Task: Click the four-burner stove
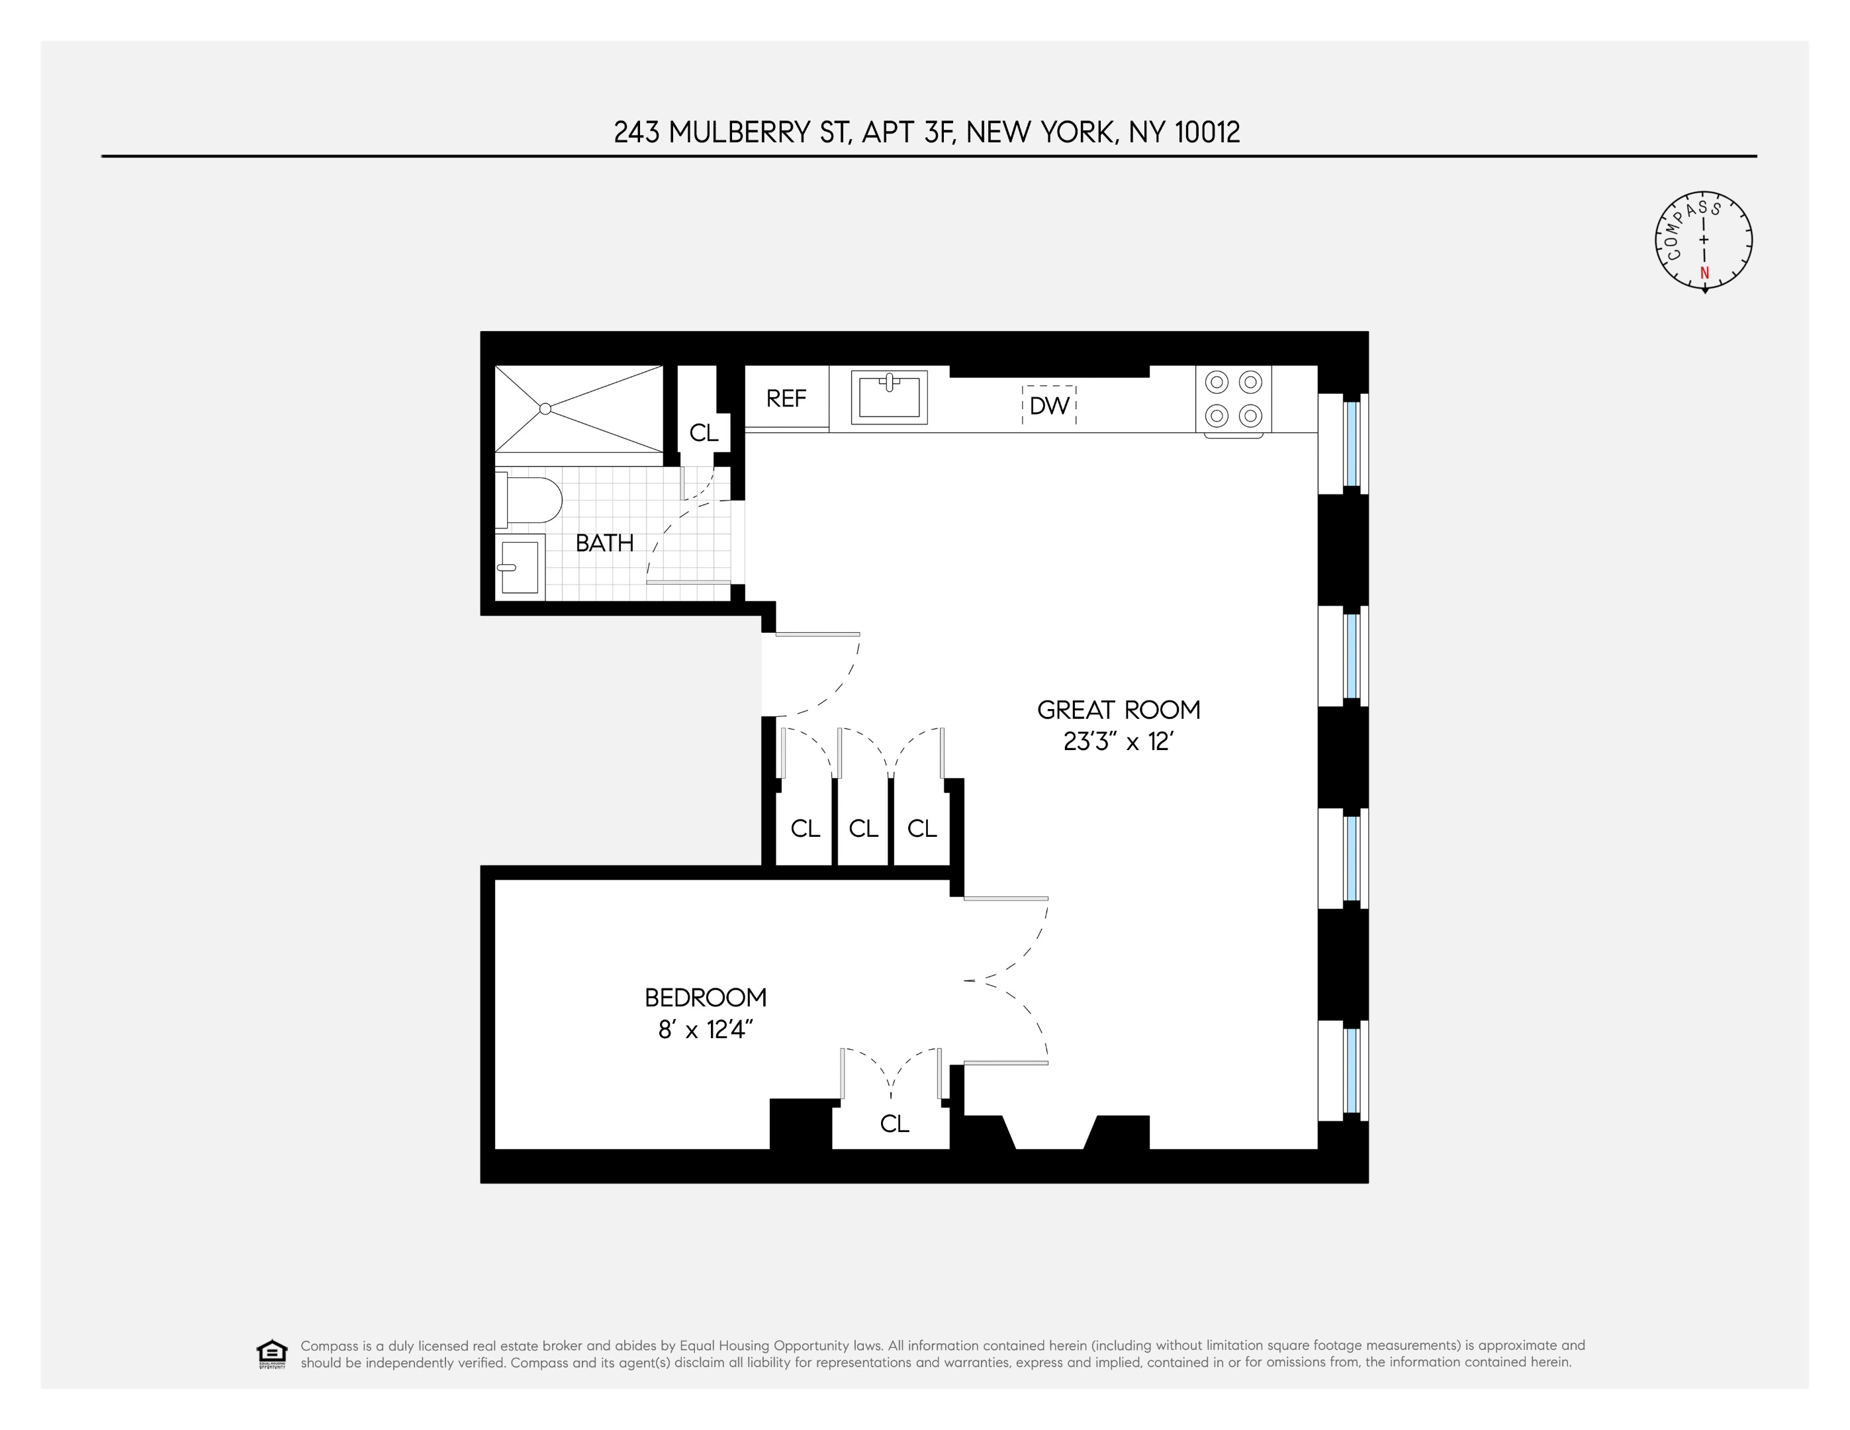click(1233, 399)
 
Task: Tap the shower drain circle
click(545, 409)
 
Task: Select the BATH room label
click(604, 543)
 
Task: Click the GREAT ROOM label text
click(1118, 710)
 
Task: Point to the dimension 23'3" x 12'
click(1118, 742)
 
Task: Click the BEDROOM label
click(705, 998)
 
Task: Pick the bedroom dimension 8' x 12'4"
click(705, 1030)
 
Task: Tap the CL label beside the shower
click(703, 433)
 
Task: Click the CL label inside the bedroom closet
click(894, 1124)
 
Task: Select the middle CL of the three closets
click(863, 828)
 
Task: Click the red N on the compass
click(1704, 273)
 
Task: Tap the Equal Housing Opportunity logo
click(272, 1354)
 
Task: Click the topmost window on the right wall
click(1351, 444)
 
